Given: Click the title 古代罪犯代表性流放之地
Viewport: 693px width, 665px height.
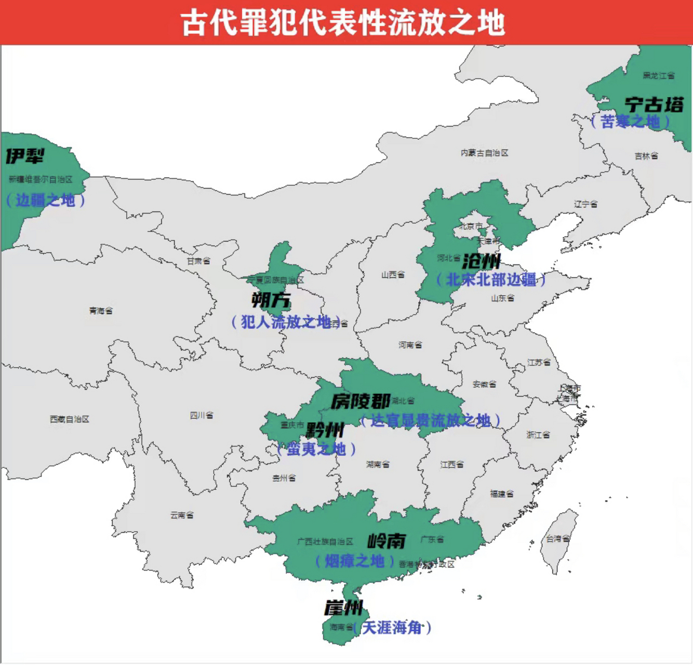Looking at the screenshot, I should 343,23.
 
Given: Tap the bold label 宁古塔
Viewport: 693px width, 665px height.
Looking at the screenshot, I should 654,104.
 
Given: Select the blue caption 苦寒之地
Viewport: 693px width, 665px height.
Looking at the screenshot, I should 630,122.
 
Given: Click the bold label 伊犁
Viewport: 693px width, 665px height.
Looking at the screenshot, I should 24,156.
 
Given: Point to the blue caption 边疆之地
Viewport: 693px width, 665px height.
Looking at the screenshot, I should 45,200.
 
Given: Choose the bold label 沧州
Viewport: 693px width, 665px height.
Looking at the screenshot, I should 481,261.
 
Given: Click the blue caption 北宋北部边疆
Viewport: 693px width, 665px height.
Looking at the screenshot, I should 491,280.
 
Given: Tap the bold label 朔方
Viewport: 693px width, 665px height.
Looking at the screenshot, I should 271,300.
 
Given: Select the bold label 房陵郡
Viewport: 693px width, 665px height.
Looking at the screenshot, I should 361,401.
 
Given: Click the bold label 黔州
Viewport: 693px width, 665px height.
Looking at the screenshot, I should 325,430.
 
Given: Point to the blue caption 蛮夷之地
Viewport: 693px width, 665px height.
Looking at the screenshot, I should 316,449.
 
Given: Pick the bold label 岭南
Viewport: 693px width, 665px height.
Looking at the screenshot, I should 387,541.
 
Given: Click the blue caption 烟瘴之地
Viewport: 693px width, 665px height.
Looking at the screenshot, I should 354,561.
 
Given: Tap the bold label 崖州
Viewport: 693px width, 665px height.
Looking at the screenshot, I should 343,608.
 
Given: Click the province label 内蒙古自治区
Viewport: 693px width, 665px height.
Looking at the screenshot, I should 484,153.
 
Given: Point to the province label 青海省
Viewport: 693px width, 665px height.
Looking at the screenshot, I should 101,311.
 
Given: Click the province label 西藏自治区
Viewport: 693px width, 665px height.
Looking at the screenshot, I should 70,419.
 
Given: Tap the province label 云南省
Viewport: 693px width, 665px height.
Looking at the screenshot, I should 182,515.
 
